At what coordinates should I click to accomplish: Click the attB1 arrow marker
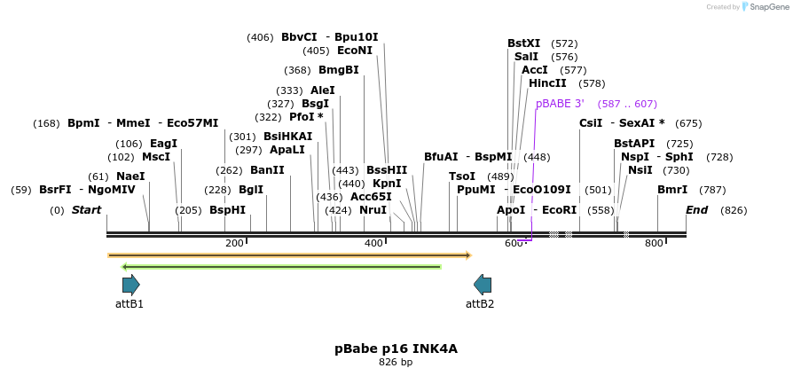tap(130, 285)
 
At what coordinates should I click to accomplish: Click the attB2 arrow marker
tap(483, 285)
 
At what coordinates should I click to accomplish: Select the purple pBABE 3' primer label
tap(560, 104)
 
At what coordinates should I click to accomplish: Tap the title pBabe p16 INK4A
tap(396, 349)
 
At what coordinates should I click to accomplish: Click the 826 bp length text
tap(396, 362)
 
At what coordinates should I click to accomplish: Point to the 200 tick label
tap(234, 243)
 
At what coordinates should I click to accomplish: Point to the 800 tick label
tap(654, 243)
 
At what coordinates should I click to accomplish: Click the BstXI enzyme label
tap(523, 43)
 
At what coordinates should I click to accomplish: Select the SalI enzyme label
tap(526, 57)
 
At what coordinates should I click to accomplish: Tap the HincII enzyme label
tap(547, 83)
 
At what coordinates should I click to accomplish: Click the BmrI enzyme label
tap(672, 190)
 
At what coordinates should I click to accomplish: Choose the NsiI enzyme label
tap(640, 170)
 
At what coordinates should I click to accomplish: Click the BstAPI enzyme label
tap(634, 144)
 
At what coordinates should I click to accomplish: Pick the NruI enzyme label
tap(373, 210)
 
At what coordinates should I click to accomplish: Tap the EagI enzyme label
tap(163, 144)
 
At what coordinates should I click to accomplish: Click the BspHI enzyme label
tap(227, 210)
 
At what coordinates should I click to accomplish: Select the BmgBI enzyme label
tap(339, 70)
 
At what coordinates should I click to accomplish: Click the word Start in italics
tap(87, 210)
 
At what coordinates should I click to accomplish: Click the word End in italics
tap(697, 210)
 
